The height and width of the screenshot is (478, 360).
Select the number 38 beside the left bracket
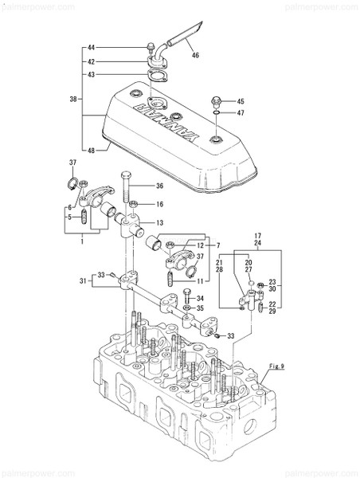(74, 100)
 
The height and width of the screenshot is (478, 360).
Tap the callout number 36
(159, 186)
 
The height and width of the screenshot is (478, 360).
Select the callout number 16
(159, 204)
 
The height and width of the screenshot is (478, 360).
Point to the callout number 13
(159, 222)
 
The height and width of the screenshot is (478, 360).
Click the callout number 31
(84, 280)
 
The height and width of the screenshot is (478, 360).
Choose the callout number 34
(200, 297)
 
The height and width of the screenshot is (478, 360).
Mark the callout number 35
(200, 308)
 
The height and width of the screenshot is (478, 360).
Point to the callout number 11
(199, 281)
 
